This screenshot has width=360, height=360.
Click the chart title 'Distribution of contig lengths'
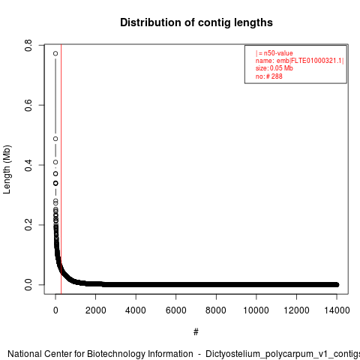[196, 22]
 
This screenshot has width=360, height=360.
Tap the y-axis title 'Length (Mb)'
[7, 169]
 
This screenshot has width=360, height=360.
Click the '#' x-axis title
[196, 332]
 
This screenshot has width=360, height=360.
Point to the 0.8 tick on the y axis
[28, 45]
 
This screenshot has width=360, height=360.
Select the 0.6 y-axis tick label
[28, 105]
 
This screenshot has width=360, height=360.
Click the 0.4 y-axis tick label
[28, 165]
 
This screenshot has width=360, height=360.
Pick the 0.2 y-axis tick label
[28, 225]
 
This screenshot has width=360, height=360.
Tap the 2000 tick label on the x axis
[95, 310]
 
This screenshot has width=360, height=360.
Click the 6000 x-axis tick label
[176, 310]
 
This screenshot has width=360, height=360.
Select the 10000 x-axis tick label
[256, 310]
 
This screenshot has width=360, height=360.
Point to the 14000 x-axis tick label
[337, 310]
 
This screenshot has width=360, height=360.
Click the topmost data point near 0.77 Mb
[55, 53]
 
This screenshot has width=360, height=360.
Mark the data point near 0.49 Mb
[55, 139]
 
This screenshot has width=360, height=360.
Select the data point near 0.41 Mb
[55, 162]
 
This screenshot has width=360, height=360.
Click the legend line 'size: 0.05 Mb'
[274, 68]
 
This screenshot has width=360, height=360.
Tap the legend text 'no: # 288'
[269, 76]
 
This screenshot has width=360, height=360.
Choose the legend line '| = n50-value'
[274, 53]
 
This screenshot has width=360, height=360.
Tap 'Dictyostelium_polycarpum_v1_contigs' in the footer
[283, 354]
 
